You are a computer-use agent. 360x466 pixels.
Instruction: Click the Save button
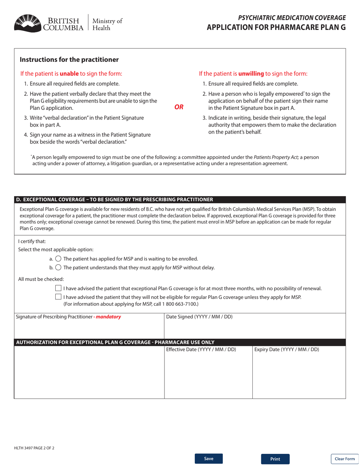(x=208, y=458)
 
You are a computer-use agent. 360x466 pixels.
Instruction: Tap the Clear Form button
(x=344, y=459)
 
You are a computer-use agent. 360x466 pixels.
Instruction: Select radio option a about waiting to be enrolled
(x=58, y=259)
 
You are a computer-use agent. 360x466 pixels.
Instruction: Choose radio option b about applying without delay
(x=58, y=267)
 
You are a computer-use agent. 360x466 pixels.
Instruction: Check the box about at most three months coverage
(x=58, y=288)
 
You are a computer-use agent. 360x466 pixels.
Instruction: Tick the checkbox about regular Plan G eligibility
(x=58, y=297)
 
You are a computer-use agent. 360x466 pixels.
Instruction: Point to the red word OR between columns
(x=178, y=107)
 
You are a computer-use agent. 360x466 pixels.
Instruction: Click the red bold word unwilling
(x=251, y=74)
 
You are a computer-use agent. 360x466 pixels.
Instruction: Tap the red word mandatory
(x=108, y=317)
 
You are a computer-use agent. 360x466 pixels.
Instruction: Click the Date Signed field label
(x=199, y=317)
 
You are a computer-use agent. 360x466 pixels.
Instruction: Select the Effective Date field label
(x=201, y=349)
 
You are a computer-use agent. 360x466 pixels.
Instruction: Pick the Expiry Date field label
(x=286, y=349)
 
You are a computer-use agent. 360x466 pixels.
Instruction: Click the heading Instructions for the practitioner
(x=69, y=59)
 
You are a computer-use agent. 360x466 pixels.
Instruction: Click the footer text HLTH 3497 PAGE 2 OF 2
(x=34, y=448)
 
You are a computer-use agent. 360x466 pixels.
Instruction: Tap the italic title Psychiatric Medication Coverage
(x=291, y=17)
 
